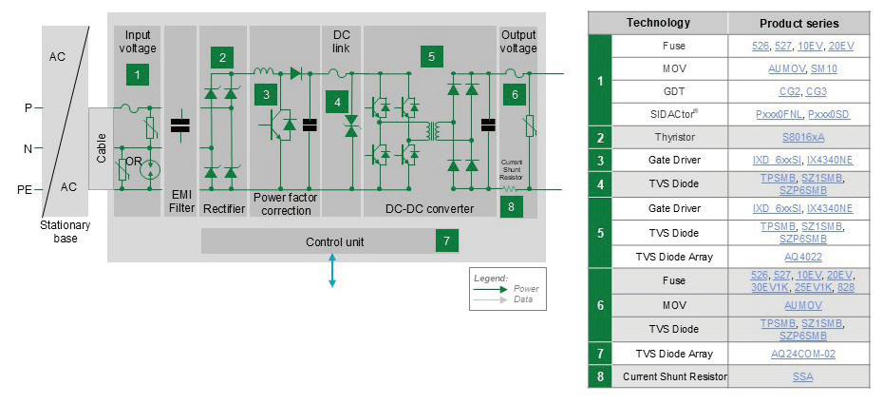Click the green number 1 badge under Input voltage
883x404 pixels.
click(138, 73)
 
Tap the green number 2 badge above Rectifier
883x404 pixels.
click(222, 57)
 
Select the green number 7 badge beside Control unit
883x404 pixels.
click(446, 241)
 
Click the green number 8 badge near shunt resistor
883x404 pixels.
click(512, 204)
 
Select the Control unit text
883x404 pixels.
click(334, 242)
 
